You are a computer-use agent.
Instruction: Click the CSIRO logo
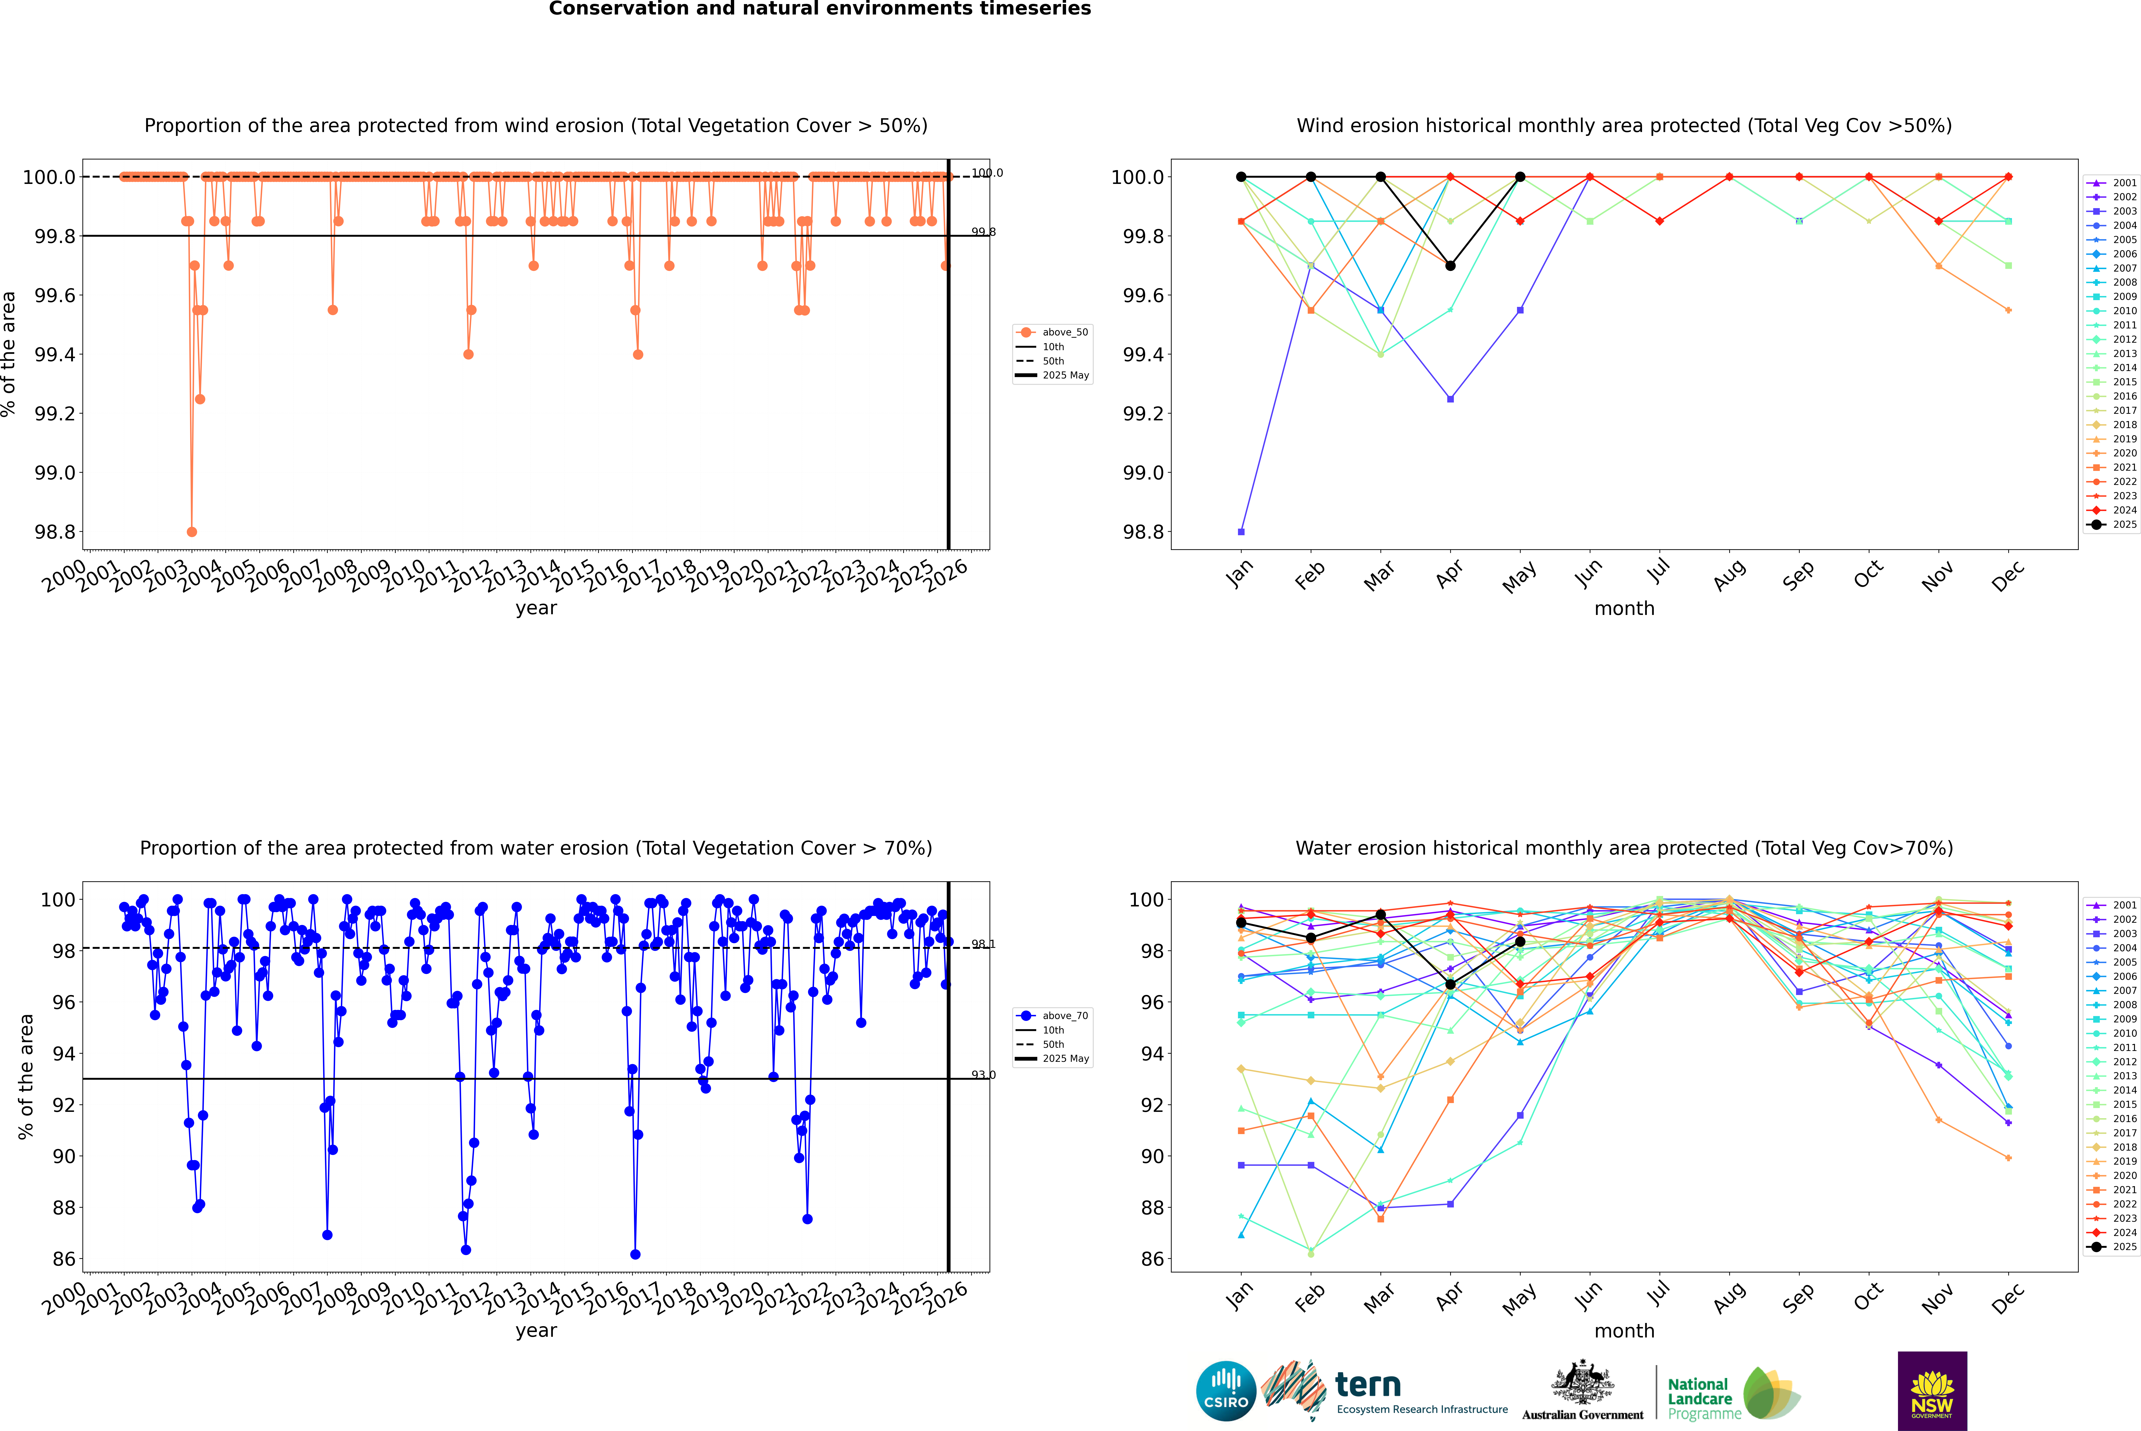1226,1391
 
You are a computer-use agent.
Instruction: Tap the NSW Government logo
1932,1391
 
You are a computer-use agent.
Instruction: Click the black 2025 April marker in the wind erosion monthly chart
1450,266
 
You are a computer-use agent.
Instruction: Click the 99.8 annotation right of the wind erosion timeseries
983,232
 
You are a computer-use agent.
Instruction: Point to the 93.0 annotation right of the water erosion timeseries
983,1075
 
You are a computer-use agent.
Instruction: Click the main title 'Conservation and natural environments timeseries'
819,9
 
